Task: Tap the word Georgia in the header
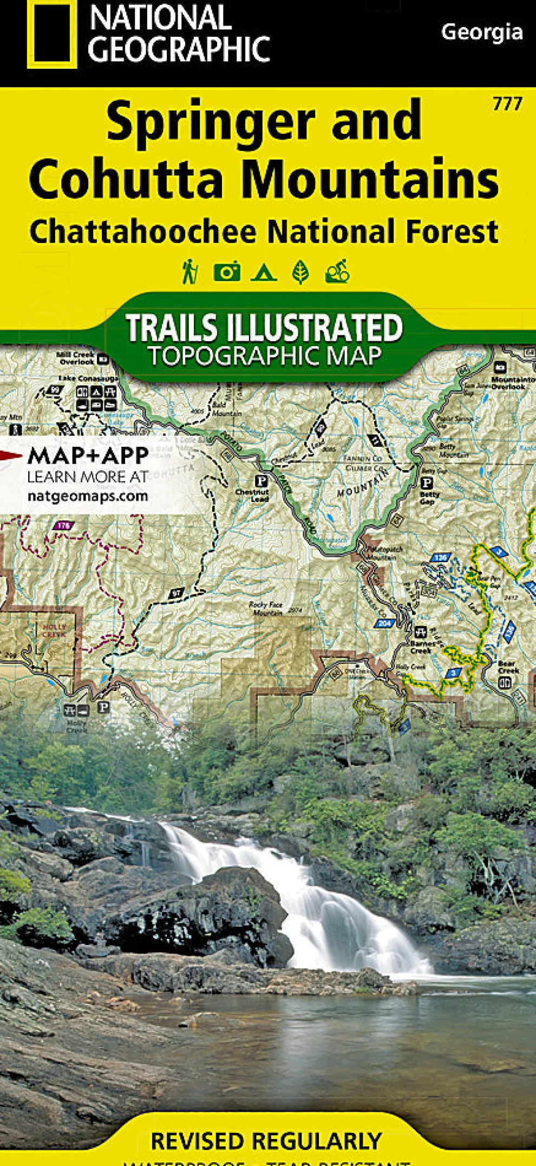481,32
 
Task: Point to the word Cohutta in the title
126,179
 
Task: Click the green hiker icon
189,272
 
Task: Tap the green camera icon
227,272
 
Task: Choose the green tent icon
264,272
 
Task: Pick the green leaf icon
300,272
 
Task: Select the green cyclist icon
337,272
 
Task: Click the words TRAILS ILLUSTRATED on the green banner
264,327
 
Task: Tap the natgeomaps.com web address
88,496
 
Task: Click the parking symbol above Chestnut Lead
261,480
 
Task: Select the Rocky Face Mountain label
266,609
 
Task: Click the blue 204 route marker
384,623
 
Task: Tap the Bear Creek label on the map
508,667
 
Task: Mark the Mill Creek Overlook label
76,358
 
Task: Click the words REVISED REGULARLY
266,1141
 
